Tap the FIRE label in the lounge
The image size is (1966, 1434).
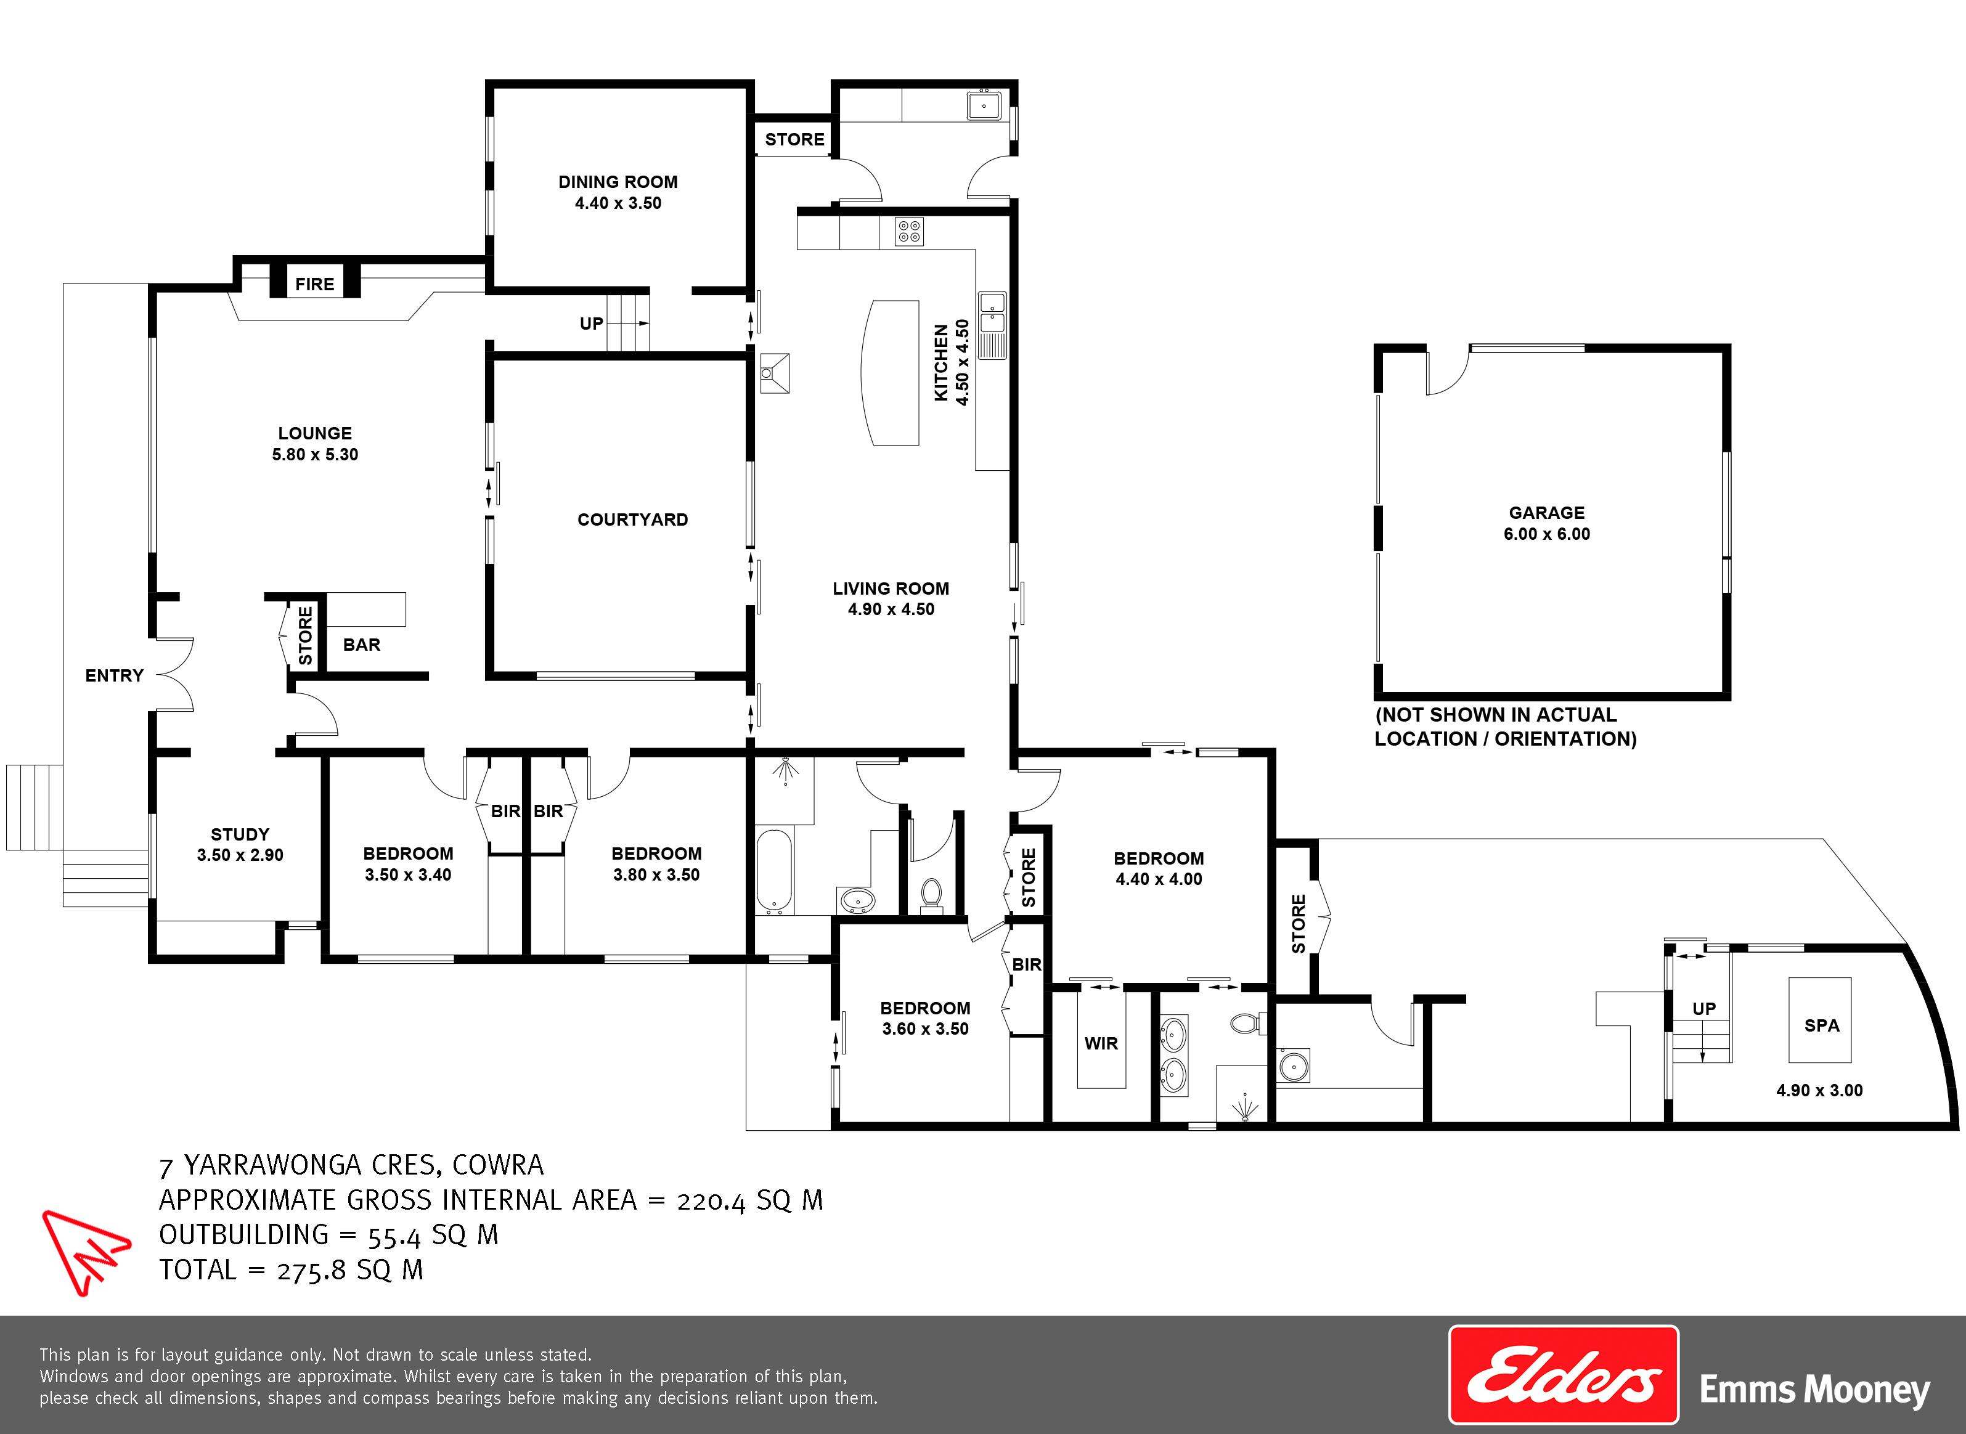coord(314,284)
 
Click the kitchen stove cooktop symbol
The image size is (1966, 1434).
coord(910,232)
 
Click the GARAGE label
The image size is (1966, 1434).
coord(1547,513)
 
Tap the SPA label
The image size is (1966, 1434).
coord(1822,1025)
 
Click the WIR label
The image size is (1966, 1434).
coord(1101,1043)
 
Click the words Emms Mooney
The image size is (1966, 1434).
coord(1814,1390)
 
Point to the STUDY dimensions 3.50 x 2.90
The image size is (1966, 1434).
coord(240,855)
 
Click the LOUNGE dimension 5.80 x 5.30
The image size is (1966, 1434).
coord(315,454)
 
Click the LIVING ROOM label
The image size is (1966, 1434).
coord(891,589)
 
